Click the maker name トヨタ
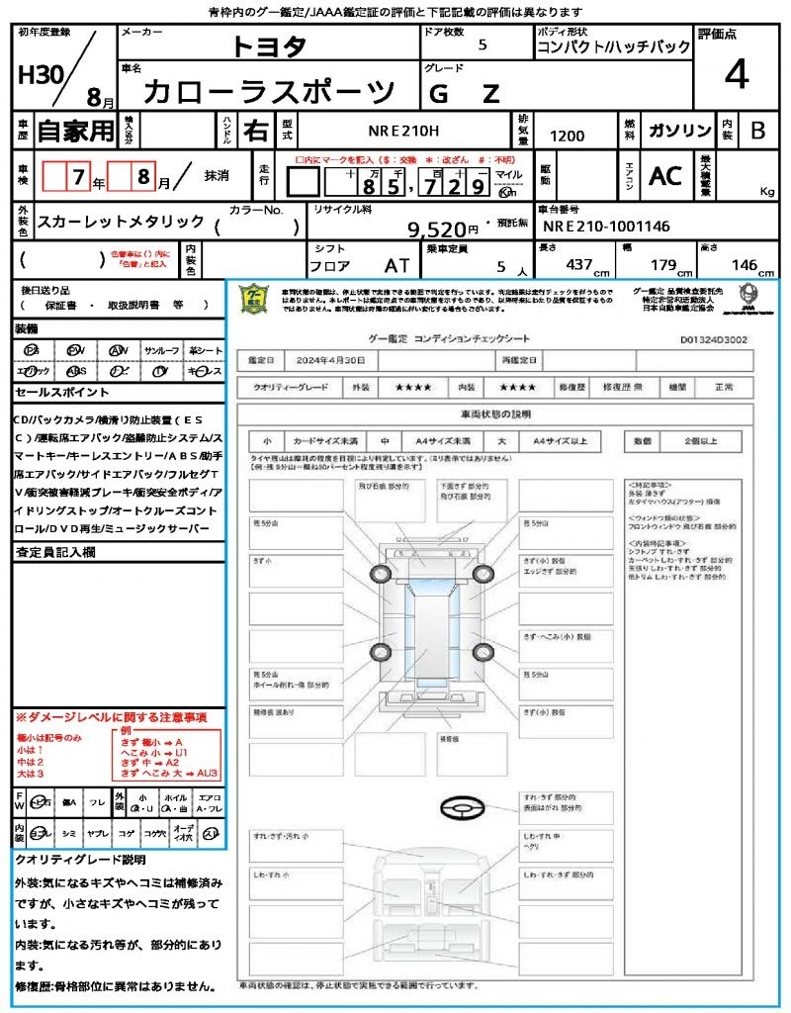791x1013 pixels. pyautogui.click(x=269, y=46)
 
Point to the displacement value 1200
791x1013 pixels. pyautogui.click(x=567, y=137)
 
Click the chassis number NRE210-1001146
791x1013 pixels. pyautogui.click(x=605, y=227)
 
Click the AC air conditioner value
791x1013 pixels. pyautogui.click(x=665, y=176)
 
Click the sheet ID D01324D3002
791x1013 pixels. pyautogui.click(x=714, y=338)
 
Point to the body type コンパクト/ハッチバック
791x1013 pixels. pyautogui.click(x=613, y=47)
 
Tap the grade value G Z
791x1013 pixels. pyautogui.click(x=465, y=93)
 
